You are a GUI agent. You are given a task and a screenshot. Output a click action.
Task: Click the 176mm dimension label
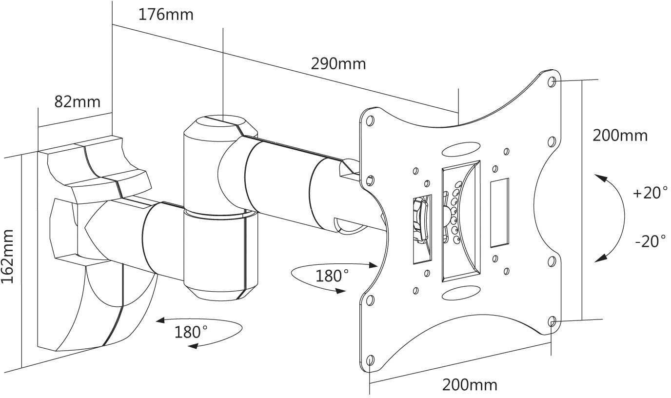[166, 15]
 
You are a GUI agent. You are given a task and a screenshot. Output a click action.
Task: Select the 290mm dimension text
[338, 63]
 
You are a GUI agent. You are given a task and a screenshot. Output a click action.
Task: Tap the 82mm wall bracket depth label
[77, 101]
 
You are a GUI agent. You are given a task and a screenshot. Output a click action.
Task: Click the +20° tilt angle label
[650, 193]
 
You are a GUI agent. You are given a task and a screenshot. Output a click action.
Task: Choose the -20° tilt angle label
[650, 241]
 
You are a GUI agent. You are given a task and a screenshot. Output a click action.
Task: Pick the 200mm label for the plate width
[470, 385]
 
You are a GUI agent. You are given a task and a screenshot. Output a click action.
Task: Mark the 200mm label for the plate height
[620, 135]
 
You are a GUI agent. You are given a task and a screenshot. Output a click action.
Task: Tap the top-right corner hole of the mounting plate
[552, 81]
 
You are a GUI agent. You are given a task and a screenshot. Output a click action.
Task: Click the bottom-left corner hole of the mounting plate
[370, 360]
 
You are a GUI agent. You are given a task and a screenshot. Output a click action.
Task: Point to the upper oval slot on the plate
[461, 149]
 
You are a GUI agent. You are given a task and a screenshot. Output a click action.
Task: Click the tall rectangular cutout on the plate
[499, 213]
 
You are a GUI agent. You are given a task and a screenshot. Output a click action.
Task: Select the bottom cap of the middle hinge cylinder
[222, 293]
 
